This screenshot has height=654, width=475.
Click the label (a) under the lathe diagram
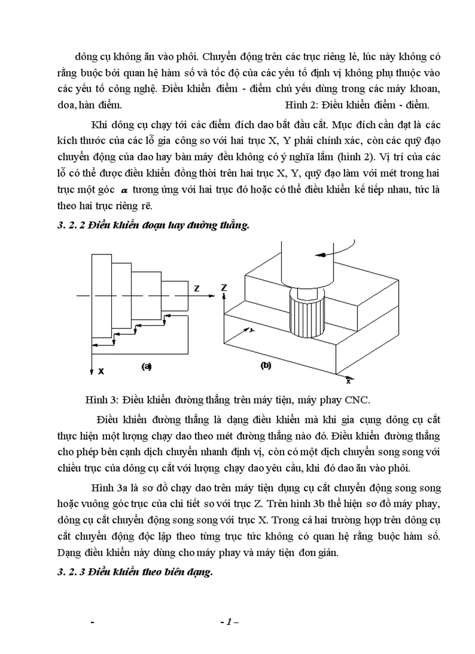coord(146,366)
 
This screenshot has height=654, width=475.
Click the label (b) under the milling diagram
coord(265,366)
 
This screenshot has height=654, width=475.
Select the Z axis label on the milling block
coord(225,288)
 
